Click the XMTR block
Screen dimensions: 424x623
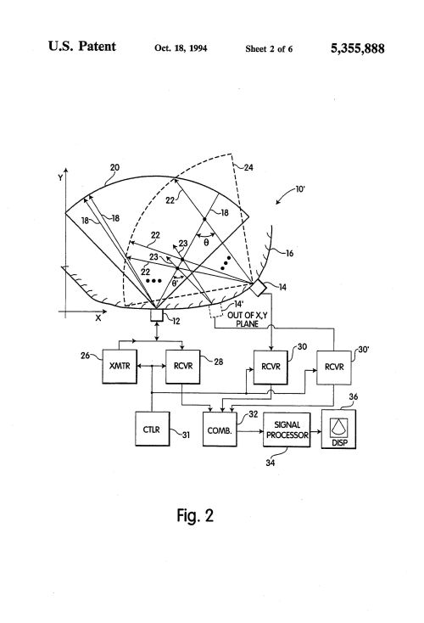pyautogui.click(x=120, y=367)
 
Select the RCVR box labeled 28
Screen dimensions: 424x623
pyautogui.click(x=182, y=367)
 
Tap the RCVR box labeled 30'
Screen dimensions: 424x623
pyautogui.click(x=334, y=368)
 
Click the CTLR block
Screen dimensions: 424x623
pyautogui.click(x=152, y=429)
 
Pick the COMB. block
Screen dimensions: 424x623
pyautogui.click(x=220, y=429)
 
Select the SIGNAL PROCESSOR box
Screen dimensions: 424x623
pyautogui.click(x=287, y=429)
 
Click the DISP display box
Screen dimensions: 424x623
pyautogui.click(x=338, y=429)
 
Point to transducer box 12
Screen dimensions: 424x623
pyautogui.click(x=156, y=316)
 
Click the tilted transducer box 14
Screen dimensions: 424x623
pyautogui.click(x=258, y=288)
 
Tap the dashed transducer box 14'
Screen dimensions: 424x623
pyautogui.click(x=216, y=311)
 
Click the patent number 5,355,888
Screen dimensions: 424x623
pyautogui.click(x=357, y=48)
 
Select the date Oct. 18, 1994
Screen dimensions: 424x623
pyautogui.click(x=181, y=48)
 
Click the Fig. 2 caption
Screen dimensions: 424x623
pyautogui.click(x=195, y=515)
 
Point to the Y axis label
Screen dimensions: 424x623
pyautogui.click(x=60, y=177)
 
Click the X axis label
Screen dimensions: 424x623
pyautogui.click(x=98, y=317)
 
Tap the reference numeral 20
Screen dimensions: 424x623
pyautogui.click(x=114, y=168)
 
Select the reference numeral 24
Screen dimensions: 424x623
pyautogui.click(x=248, y=168)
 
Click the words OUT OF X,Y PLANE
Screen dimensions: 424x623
pyautogui.click(x=248, y=319)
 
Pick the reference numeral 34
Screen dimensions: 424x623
pyautogui.click(x=270, y=463)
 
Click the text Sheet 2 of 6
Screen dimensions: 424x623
pyautogui.click(x=269, y=49)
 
